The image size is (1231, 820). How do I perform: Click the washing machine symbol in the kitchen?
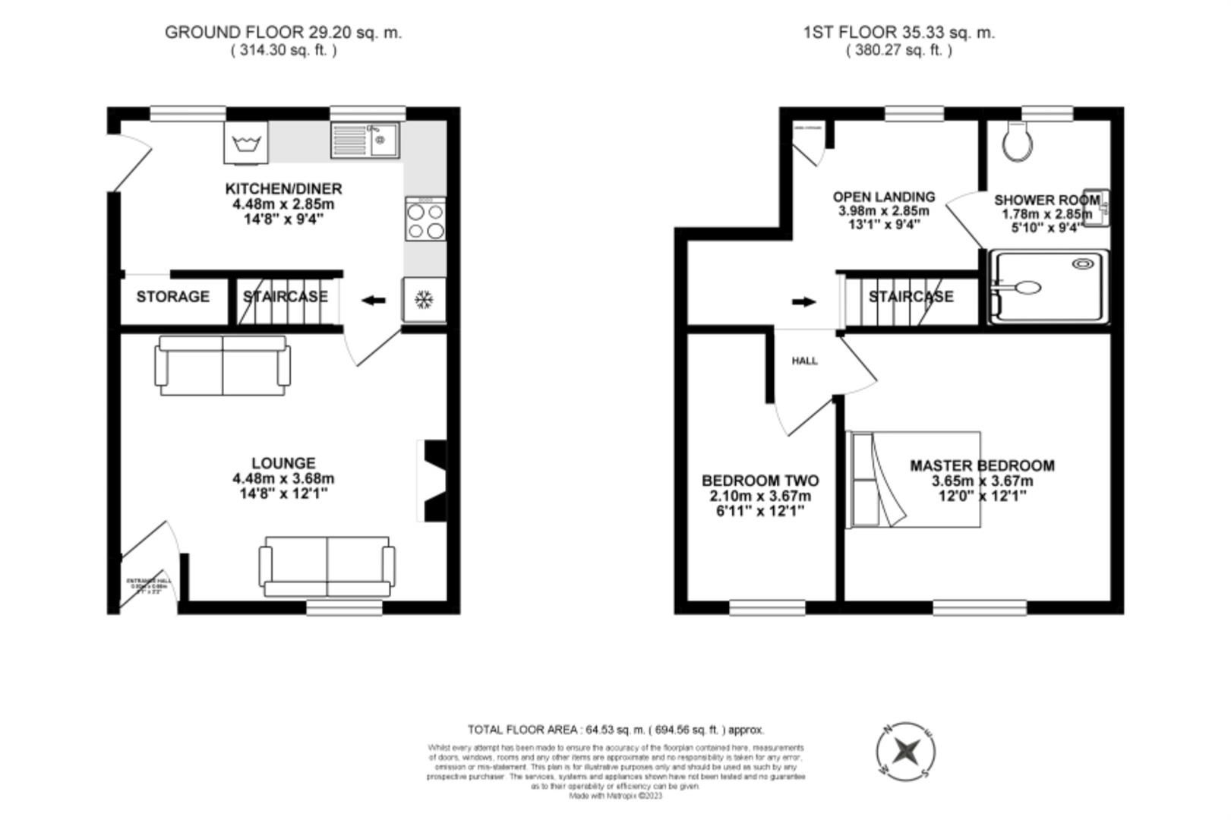[x=246, y=143]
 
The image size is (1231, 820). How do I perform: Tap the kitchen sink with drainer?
[x=365, y=141]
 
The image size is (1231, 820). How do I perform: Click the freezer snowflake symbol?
[x=424, y=301]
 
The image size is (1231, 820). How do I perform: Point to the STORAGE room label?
[x=173, y=297]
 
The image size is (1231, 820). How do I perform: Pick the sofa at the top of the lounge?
[x=223, y=366]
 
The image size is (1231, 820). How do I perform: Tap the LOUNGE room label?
[x=283, y=463]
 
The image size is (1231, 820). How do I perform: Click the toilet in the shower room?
[x=1017, y=142]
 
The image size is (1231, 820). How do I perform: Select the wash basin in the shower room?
[x=1097, y=208]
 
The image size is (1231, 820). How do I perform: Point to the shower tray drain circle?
[x=1080, y=264]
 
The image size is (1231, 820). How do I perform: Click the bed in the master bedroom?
[x=915, y=479]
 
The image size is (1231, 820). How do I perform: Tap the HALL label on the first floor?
[x=805, y=361]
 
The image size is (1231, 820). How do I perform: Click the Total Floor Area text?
[x=615, y=730]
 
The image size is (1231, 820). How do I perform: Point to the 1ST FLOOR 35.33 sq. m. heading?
[x=898, y=33]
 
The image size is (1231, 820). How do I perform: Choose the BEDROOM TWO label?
[x=760, y=481]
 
